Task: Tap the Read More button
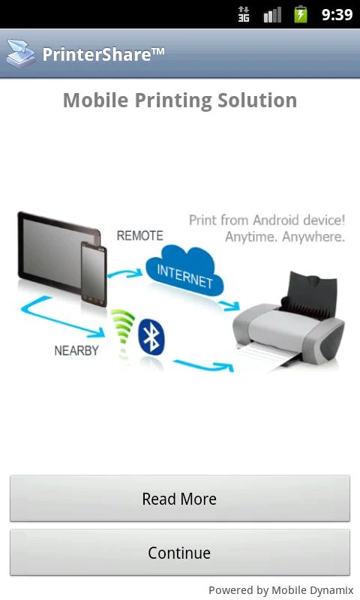[180, 498]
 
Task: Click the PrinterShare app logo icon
[21, 53]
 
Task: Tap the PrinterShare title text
[103, 54]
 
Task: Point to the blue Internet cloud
[184, 271]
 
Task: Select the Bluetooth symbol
[151, 337]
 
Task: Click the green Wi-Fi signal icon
[123, 330]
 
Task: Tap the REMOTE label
[140, 235]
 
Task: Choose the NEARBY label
[76, 350]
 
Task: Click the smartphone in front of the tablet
[94, 274]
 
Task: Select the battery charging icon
[301, 14]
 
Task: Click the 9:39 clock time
[337, 14]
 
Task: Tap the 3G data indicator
[244, 14]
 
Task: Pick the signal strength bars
[272, 15]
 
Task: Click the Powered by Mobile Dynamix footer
[281, 589]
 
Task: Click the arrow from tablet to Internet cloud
[124, 273]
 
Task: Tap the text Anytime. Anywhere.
[285, 237]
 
